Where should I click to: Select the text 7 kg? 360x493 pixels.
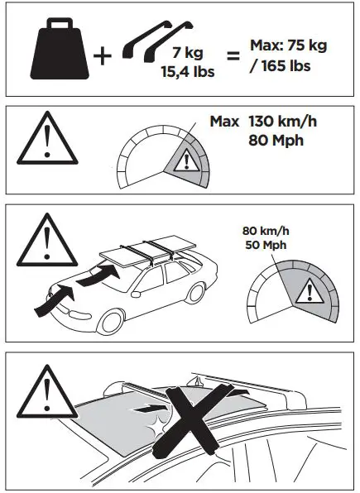pyautogui.click(x=188, y=53)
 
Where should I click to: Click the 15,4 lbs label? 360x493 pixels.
pyautogui.click(x=187, y=71)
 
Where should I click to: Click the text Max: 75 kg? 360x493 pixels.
pyautogui.click(x=288, y=45)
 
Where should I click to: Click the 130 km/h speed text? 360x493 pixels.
pyautogui.click(x=281, y=122)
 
